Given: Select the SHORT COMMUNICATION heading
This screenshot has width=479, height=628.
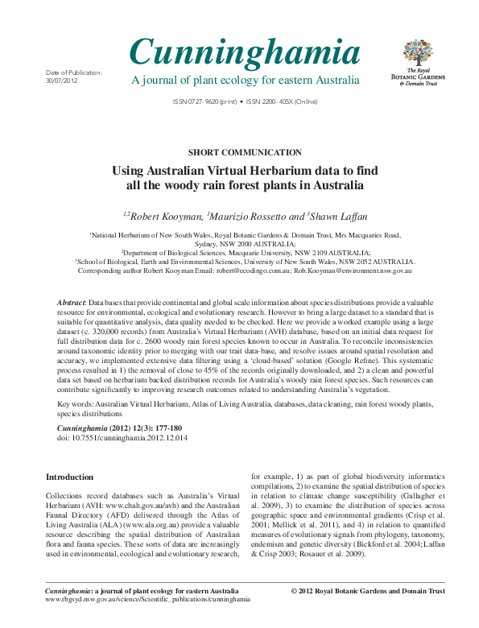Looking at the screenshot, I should (x=244, y=151).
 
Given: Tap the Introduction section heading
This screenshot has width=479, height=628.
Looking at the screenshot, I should (x=69, y=477).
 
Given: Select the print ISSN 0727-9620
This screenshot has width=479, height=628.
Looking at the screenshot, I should (x=206, y=102).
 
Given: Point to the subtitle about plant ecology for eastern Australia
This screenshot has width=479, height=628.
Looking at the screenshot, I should (x=245, y=81).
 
